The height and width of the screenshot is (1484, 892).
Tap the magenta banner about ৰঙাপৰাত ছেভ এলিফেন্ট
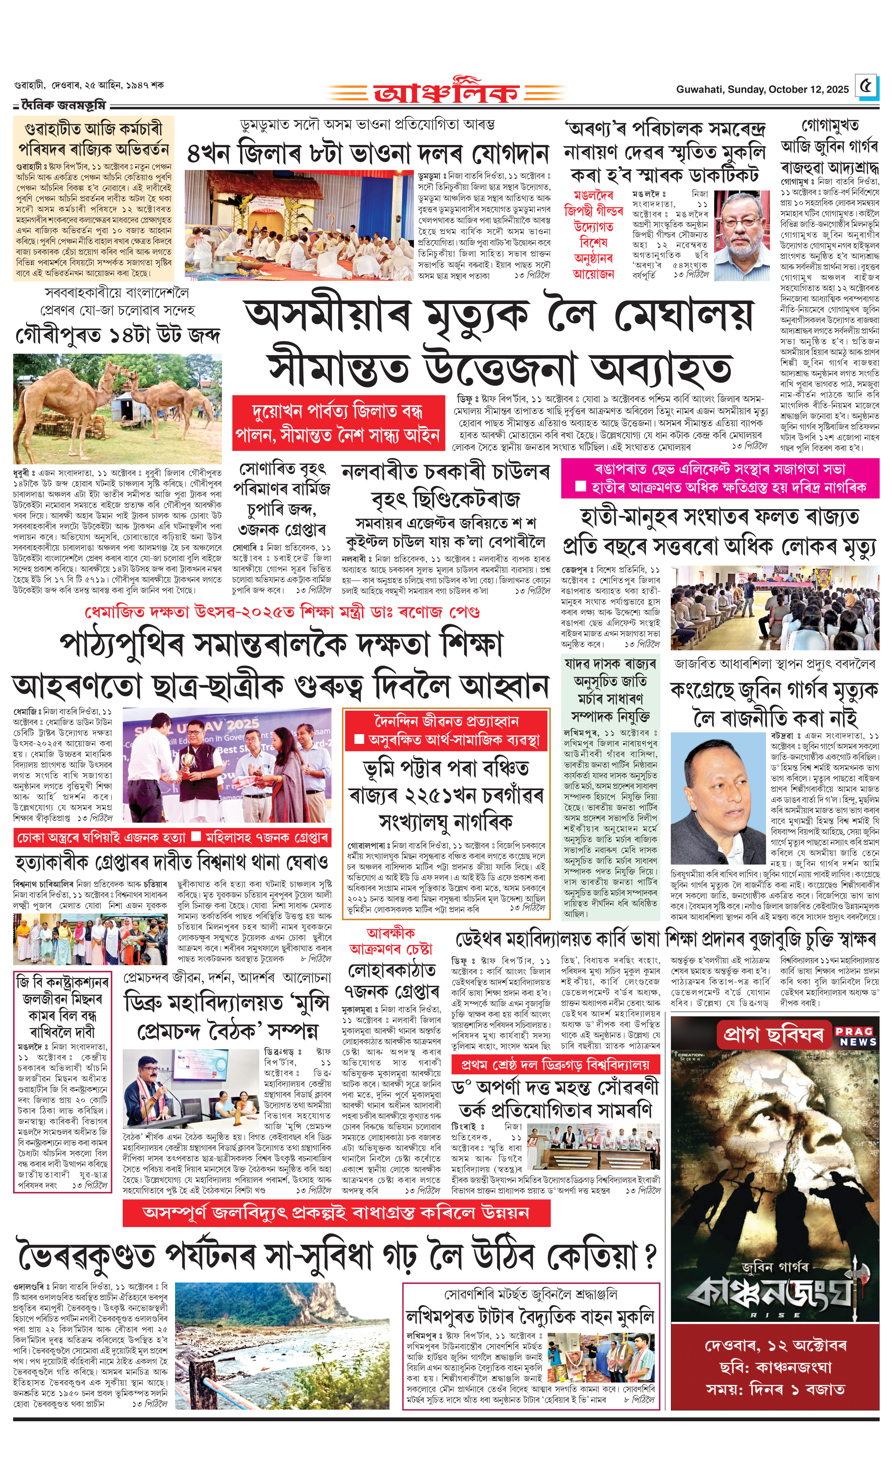(x=720, y=478)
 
